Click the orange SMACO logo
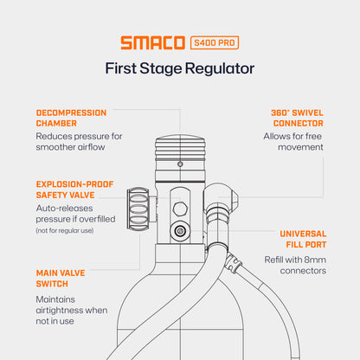[x=153, y=42]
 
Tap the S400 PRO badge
[x=215, y=42]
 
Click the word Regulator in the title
[x=220, y=69]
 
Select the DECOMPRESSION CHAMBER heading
[x=71, y=118]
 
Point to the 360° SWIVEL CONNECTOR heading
[x=297, y=118]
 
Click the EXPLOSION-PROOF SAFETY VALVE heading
[x=74, y=190]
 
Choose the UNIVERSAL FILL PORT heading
[x=303, y=239]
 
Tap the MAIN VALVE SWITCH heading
[x=61, y=279]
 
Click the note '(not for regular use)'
[x=65, y=231]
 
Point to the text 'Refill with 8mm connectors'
[x=295, y=265]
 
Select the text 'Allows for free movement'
[x=293, y=142]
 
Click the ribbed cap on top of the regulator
[x=180, y=148]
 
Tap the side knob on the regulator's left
[x=138, y=209]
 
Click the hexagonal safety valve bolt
[x=180, y=209]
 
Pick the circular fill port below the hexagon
[x=180, y=231]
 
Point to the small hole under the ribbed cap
[x=180, y=164]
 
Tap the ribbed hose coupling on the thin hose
[x=234, y=262]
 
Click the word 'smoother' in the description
[x=55, y=147]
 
